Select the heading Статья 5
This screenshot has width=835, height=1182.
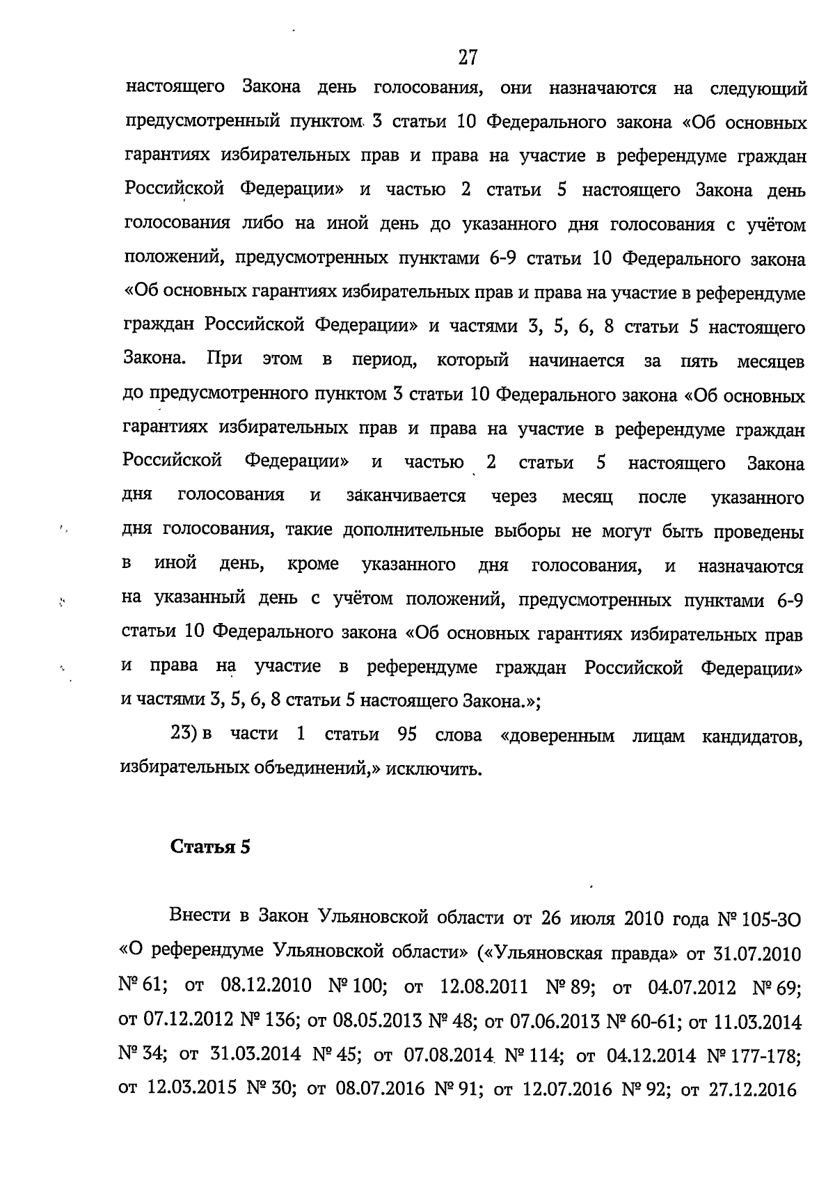(210, 847)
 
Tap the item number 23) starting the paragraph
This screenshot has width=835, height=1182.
(182, 734)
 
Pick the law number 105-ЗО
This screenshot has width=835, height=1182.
(772, 919)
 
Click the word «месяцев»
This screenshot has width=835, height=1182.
(770, 362)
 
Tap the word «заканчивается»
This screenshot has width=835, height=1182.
(406, 496)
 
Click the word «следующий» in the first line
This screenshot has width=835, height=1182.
(758, 89)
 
